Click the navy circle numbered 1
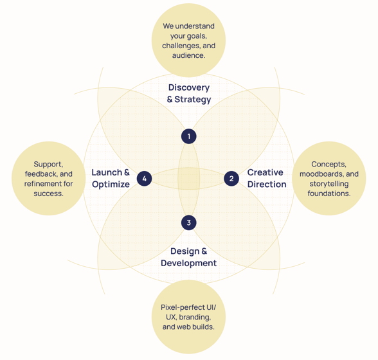click(189, 136)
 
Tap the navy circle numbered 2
click(231, 179)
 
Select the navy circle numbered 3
click(189, 222)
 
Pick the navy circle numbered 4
click(145, 179)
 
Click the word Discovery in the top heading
click(189, 88)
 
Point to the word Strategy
click(193, 100)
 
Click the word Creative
click(265, 172)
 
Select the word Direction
click(267, 184)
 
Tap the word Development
click(189, 263)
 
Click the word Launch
click(107, 172)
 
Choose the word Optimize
click(111, 184)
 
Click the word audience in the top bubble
click(188, 55)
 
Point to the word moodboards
click(322, 174)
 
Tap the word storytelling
click(329, 184)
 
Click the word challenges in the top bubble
click(181, 46)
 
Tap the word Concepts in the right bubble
click(329, 165)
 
